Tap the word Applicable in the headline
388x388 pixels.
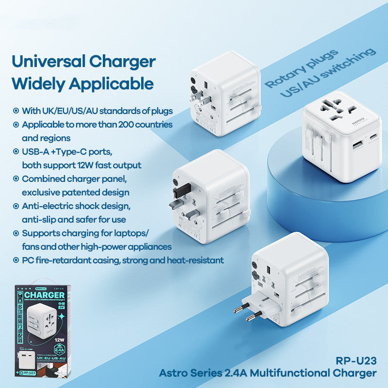[113, 83]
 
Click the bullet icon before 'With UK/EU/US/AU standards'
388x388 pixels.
[16, 111]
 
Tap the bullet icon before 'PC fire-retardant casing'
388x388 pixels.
[16, 260]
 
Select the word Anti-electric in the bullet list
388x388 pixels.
[46, 206]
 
